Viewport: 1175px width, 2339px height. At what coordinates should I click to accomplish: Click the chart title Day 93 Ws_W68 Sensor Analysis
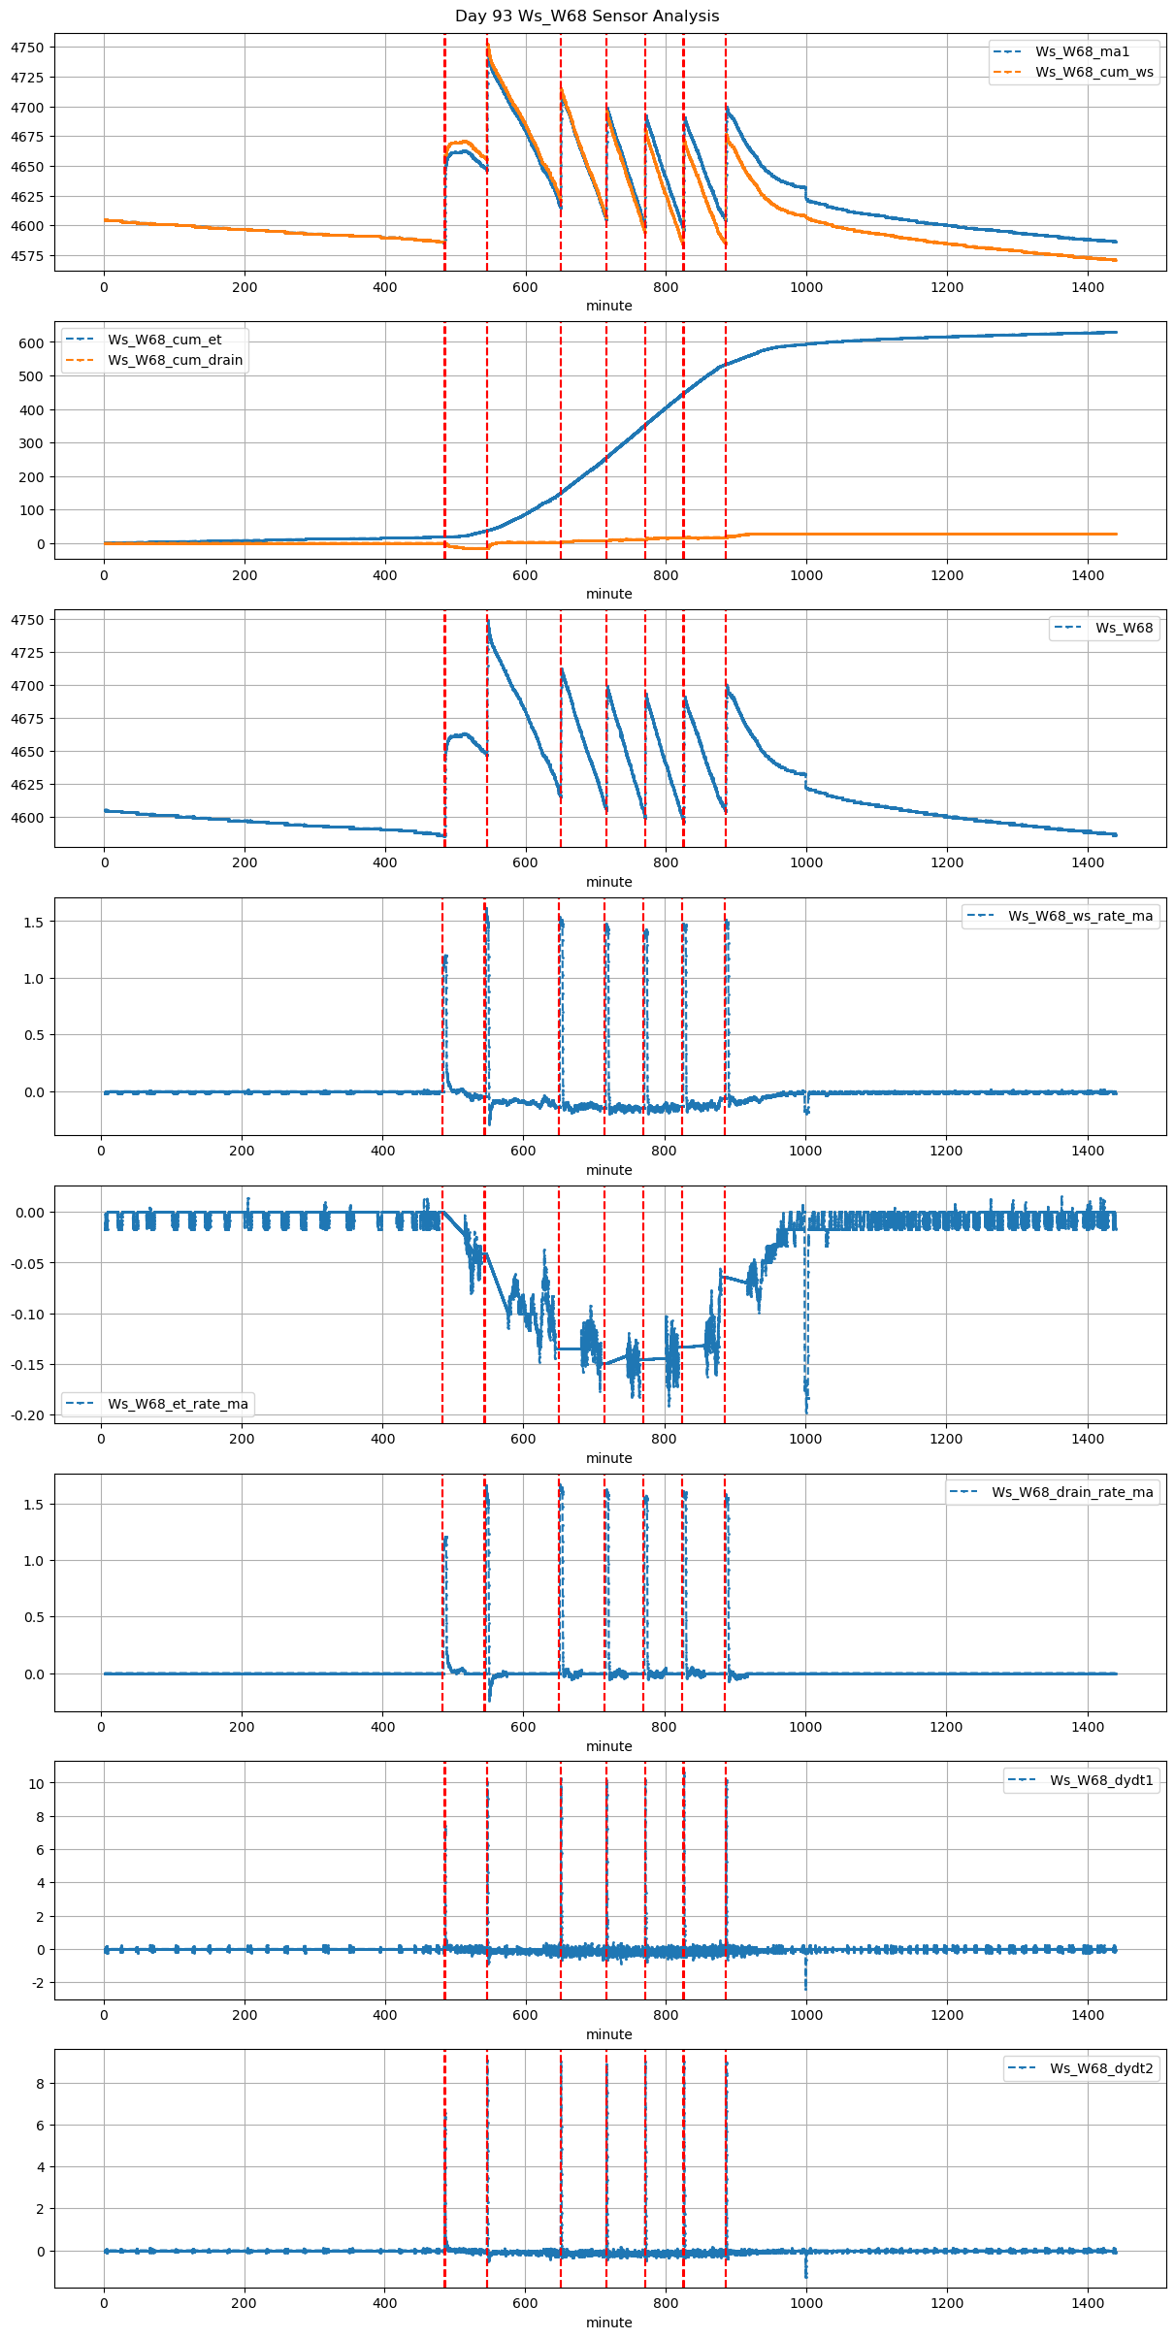[x=587, y=16]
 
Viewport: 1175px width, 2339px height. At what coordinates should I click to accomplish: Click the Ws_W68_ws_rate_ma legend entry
[x=1080, y=916]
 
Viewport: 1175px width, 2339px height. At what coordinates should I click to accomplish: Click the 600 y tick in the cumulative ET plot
[x=32, y=343]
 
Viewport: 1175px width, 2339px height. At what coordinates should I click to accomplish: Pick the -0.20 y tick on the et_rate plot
[x=28, y=1415]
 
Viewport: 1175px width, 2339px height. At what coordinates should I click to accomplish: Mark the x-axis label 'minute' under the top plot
[x=608, y=306]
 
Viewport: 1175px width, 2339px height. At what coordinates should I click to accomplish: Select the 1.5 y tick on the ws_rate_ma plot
[x=32, y=923]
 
